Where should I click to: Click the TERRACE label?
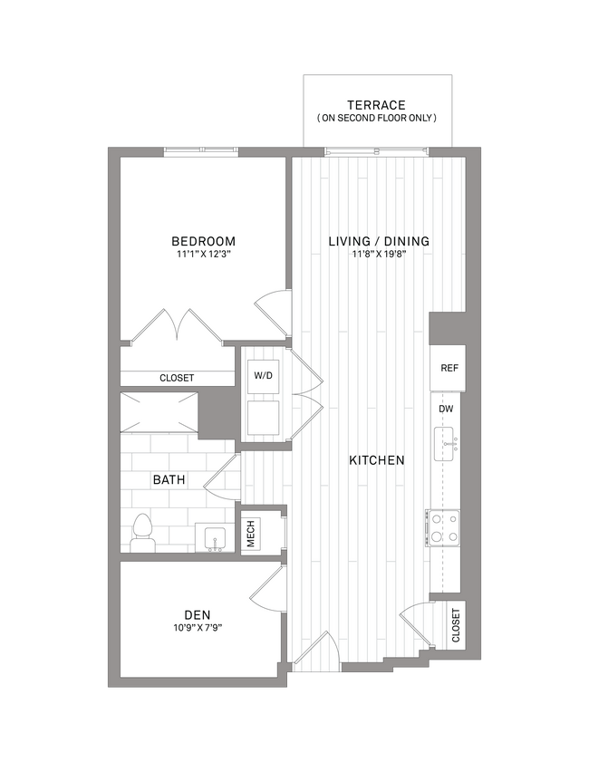click(376, 105)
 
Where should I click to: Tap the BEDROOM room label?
click(204, 241)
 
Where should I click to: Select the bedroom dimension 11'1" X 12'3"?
click(204, 255)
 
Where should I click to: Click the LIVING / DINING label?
click(378, 241)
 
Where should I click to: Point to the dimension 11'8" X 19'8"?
click(378, 255)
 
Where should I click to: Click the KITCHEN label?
click(377, 460)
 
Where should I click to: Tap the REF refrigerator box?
click(448, 368)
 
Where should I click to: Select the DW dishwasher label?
click(447, 410)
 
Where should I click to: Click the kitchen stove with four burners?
click(442, 527)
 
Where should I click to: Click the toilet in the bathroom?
click(141, 532)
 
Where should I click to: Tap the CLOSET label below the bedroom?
click(177, 378)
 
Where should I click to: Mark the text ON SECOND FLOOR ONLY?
click(376, 119)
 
